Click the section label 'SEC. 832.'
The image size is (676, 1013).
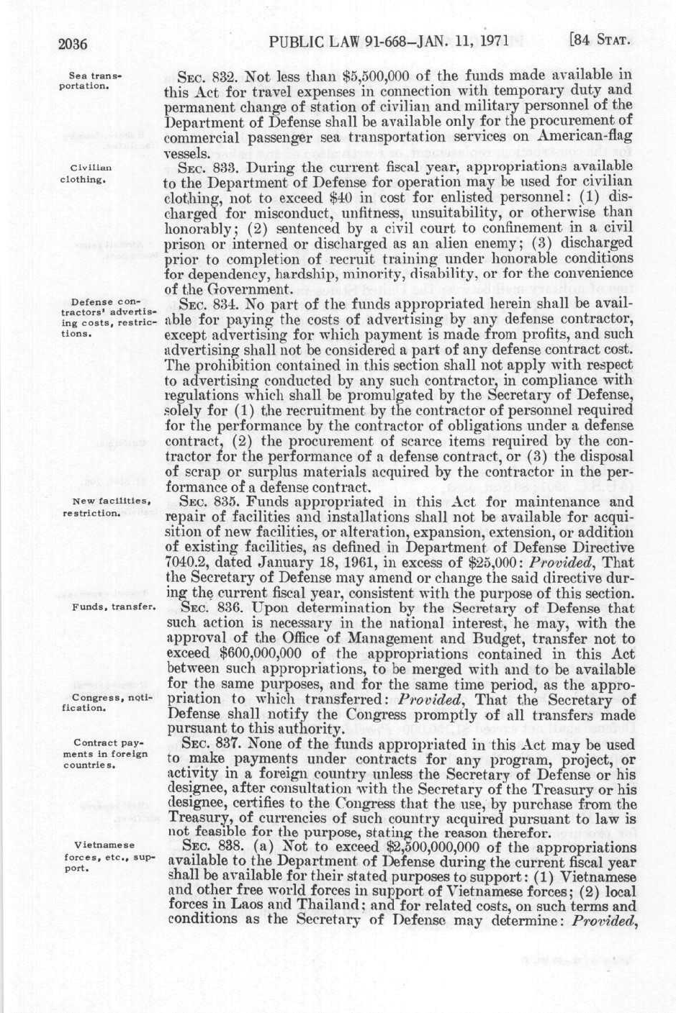(207, 75)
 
